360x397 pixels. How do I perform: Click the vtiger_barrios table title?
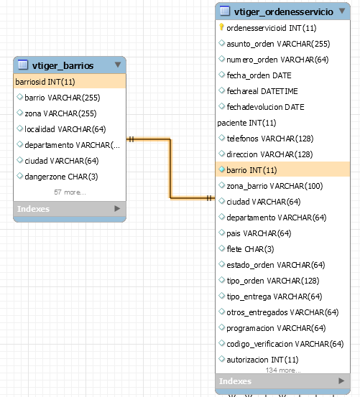[63, 65]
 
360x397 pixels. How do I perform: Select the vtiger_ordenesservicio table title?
[284, 11]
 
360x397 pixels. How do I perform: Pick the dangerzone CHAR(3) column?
[61, 177]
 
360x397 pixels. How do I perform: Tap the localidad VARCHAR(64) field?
[65, 129]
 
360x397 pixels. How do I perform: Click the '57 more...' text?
[70, 192]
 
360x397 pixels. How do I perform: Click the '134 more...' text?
[283, 370]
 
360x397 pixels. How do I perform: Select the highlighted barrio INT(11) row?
[282, 170]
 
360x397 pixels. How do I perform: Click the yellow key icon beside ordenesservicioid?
[221, 27]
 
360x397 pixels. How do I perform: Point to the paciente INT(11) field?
[246, 123]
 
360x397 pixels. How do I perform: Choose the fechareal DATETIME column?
[262, 91]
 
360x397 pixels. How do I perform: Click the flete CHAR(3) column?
[250, 249]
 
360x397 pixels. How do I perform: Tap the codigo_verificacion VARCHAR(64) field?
[285, 344]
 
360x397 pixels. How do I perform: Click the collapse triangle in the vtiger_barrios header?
[118, 65]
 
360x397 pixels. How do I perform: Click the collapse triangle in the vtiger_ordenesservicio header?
[342, 11]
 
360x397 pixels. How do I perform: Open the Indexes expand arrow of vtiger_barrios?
[117, 209]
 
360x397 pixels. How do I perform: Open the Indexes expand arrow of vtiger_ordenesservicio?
[341, 380]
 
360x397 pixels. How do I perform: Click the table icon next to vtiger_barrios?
[23, 65]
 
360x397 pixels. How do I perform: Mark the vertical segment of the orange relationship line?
[170, 169]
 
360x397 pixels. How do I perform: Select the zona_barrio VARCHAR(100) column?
[274, 186]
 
